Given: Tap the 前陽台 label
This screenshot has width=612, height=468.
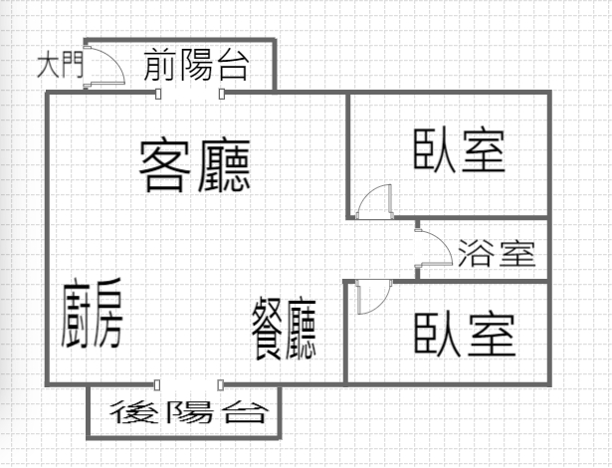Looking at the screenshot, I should tap(196, 66).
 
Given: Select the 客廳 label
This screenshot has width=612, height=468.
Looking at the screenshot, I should tap(194, 165).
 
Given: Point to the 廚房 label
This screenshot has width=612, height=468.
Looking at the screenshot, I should tap(91, 313).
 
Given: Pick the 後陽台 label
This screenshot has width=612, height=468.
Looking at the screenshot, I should tap(180, 410).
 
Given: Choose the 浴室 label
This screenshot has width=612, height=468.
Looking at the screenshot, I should tap(498, 255).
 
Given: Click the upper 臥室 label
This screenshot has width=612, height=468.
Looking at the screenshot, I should tap(460, 151).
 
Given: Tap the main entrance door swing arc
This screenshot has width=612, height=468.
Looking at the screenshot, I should tap(105, 66).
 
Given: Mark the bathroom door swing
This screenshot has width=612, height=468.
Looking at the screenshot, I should tap(434, 249).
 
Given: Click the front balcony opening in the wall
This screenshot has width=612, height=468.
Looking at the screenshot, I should tap(190, 94).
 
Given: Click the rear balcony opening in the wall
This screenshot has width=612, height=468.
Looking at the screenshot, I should tap(189, 384).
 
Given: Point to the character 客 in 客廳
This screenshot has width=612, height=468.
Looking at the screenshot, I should tap(166, 165).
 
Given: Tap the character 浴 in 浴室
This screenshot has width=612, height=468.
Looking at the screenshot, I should tap(477, 255).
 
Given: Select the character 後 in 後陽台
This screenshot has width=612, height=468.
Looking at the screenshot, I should tap(133, 410).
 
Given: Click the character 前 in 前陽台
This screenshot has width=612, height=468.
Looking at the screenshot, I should tap(161, 66).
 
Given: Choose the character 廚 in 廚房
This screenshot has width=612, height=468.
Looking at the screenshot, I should tap(77, 313).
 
